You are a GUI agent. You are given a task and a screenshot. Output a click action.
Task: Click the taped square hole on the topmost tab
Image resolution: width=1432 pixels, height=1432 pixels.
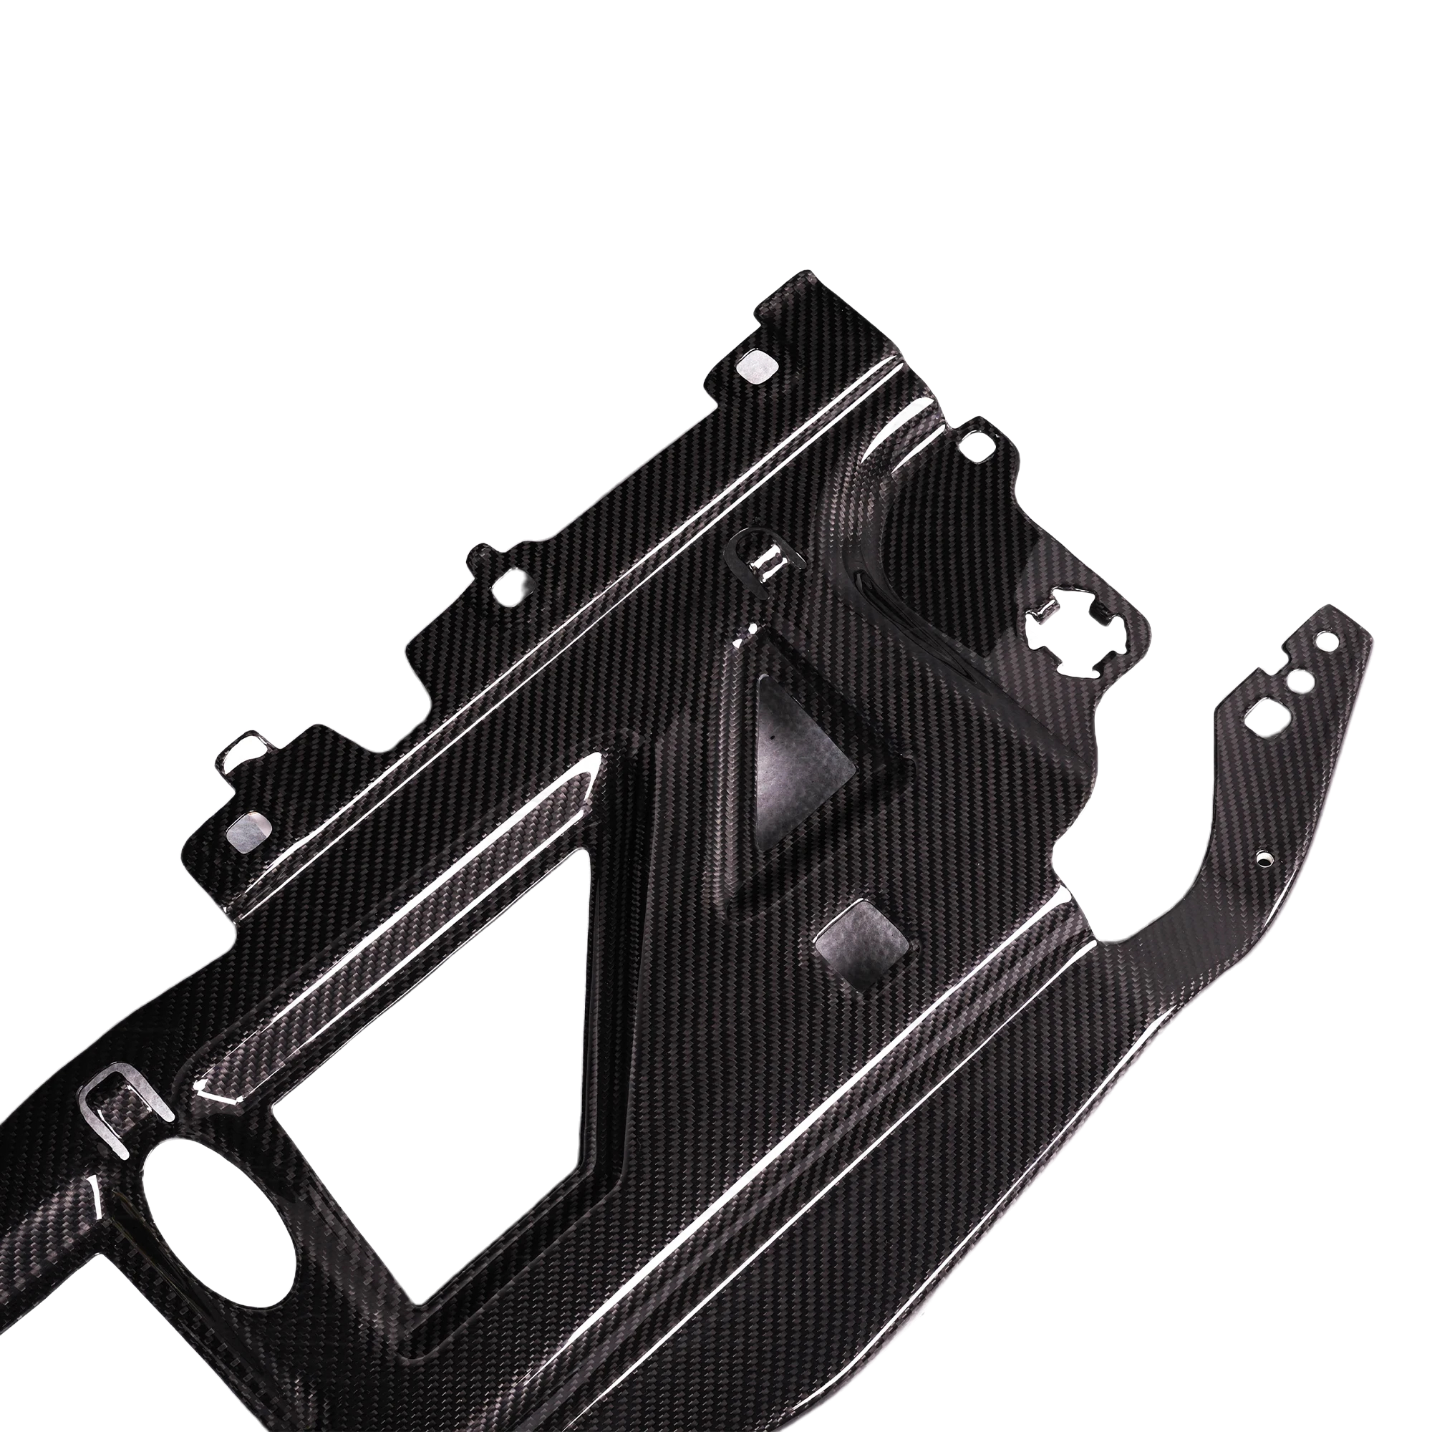click(757, 366)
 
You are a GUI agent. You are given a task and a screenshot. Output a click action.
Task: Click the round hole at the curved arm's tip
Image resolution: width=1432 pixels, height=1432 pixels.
click(1334, 637)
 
